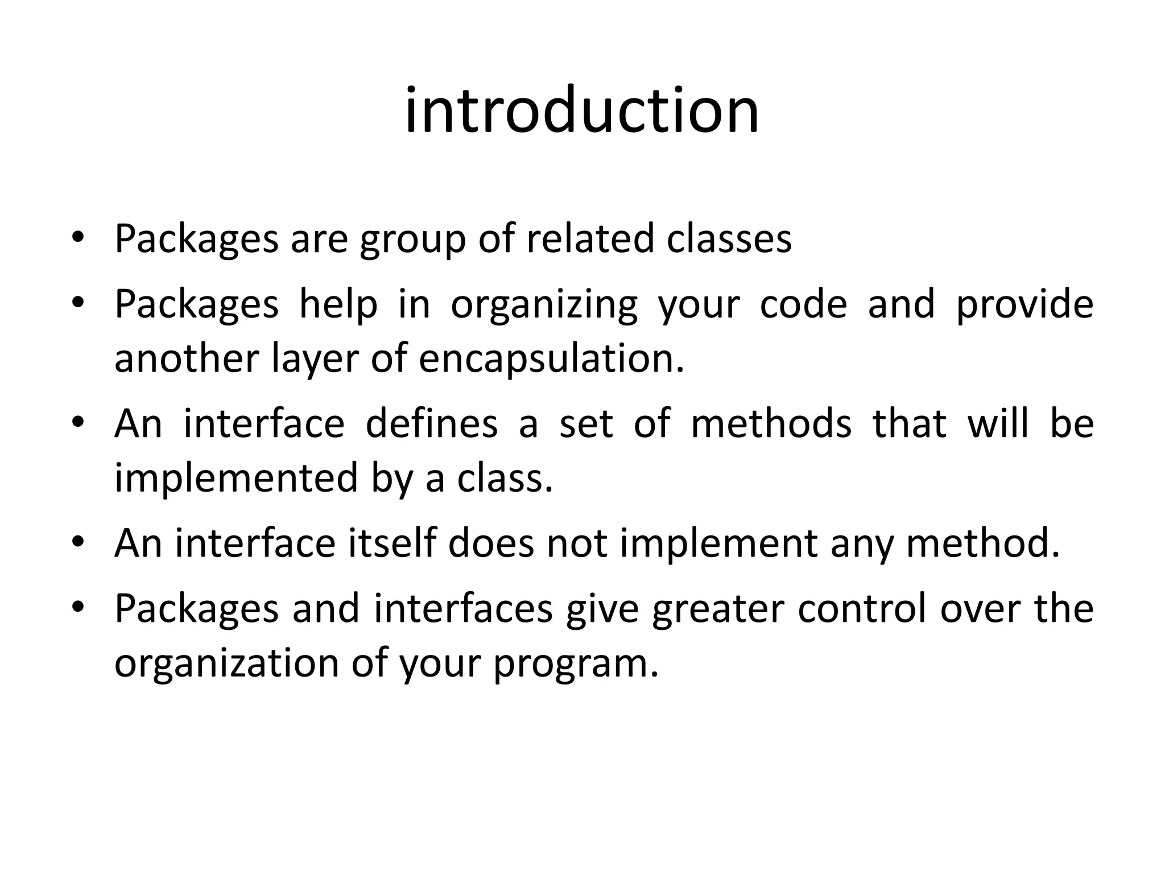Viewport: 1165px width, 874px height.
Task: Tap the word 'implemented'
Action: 236,478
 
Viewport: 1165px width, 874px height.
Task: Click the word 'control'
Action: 862,608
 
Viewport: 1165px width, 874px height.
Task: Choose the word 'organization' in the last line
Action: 226,663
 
